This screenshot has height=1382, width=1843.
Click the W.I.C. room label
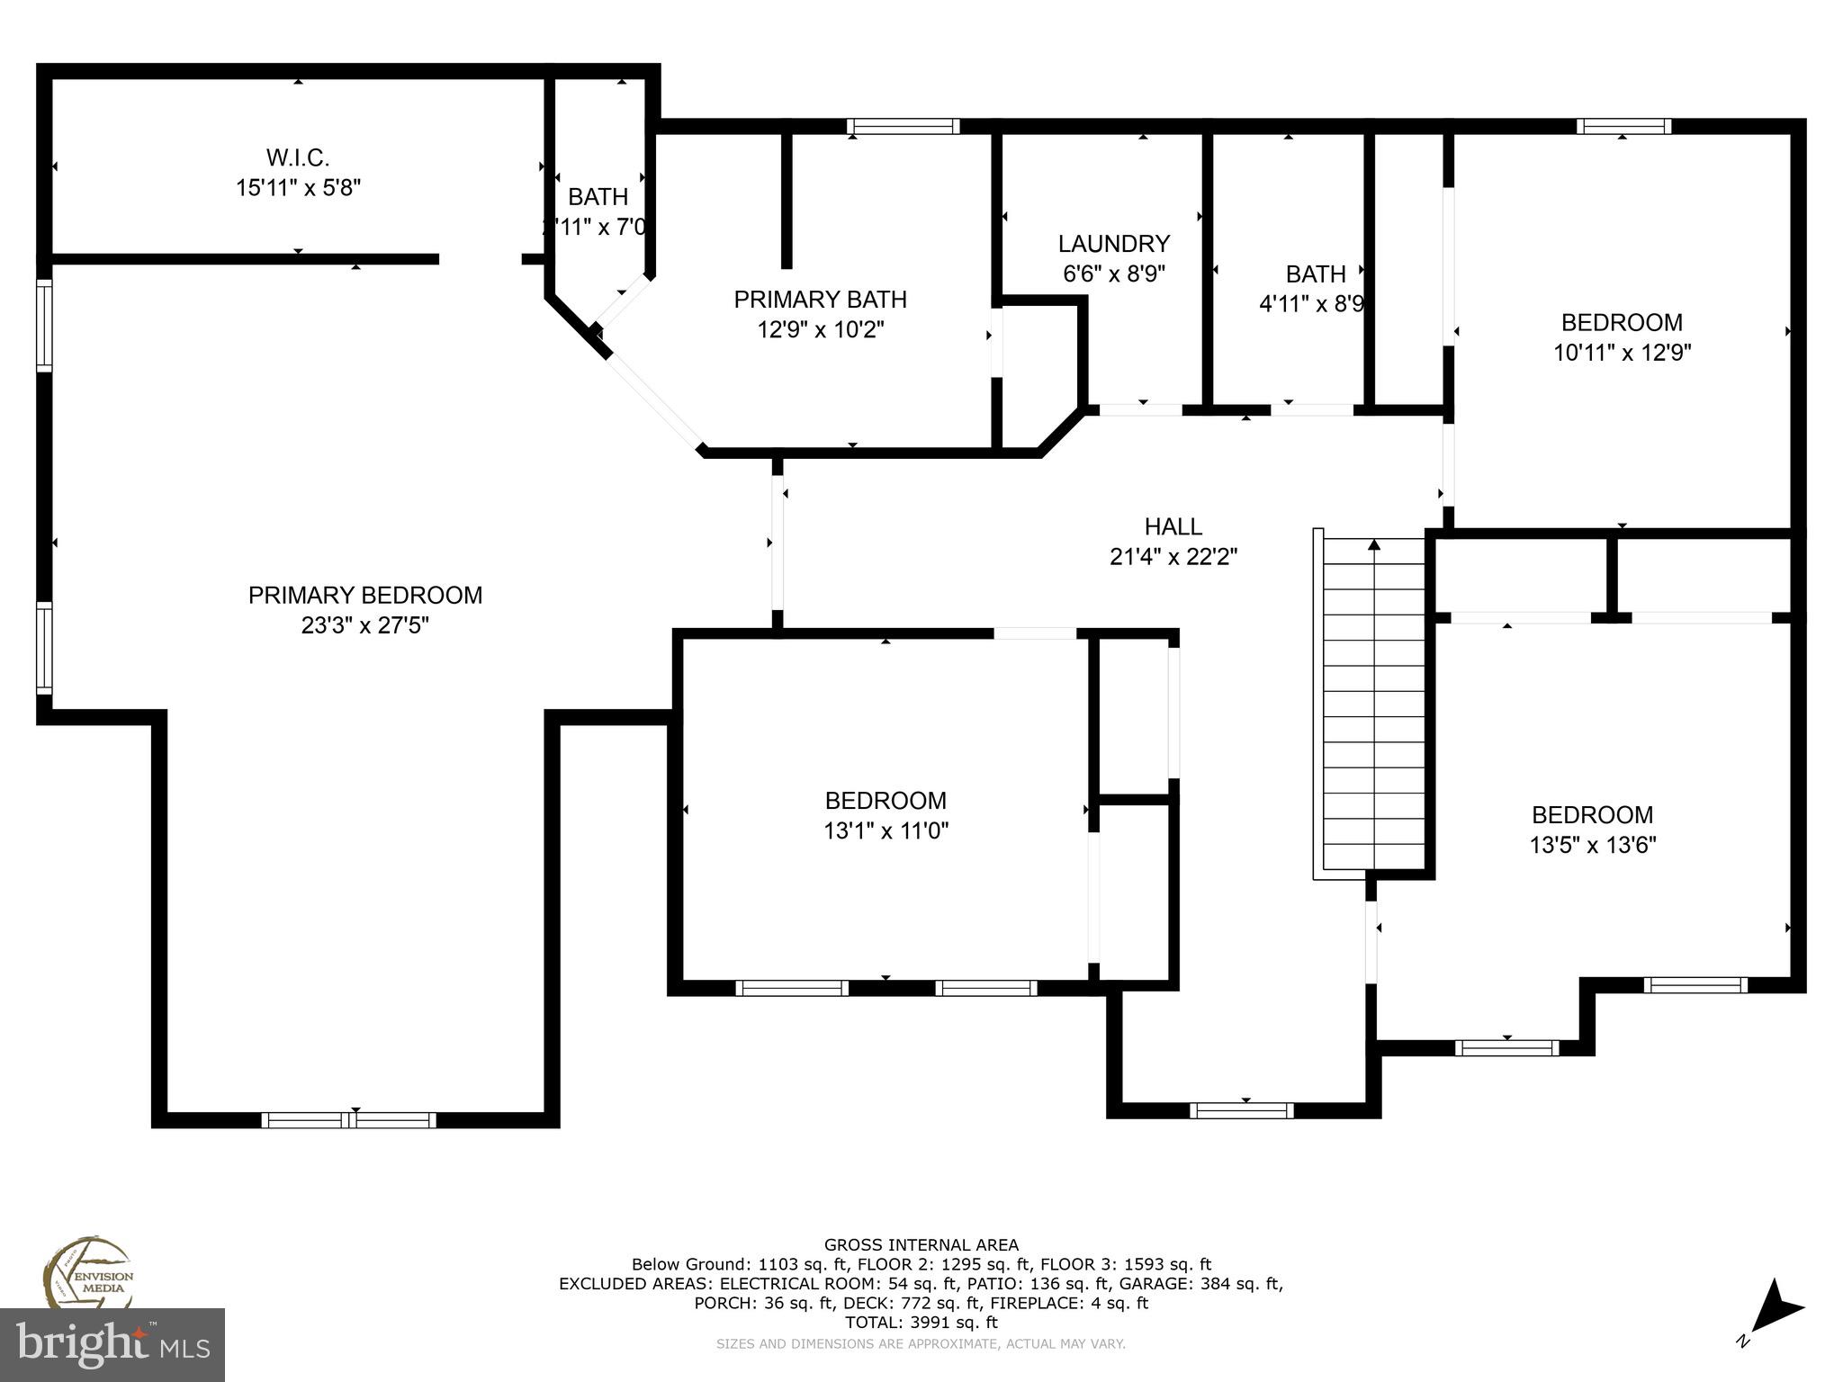coord(298,158)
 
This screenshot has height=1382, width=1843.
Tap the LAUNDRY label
coord(1113,244)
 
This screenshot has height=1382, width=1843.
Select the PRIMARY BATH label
coord(820,300)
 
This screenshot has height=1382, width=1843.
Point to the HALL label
coord(1173,526)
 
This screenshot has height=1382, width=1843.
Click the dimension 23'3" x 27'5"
coord(364,625)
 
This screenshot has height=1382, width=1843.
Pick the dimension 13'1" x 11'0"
coord(886,830)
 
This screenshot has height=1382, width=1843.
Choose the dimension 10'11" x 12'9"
coord(1622,353)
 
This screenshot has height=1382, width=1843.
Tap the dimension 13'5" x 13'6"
coord(1592,845)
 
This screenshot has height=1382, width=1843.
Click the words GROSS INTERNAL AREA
coord(921,1245)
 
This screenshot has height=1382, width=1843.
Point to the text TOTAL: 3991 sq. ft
coord(921,1323)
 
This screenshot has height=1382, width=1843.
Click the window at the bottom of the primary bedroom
coord(349,1120)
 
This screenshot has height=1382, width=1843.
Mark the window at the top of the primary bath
coord(904,127)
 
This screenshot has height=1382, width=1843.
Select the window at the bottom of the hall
coord(1241,1110)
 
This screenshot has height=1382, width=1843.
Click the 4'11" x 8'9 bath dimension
coord(1312,304)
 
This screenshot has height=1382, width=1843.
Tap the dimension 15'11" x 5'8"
coord(298,188)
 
